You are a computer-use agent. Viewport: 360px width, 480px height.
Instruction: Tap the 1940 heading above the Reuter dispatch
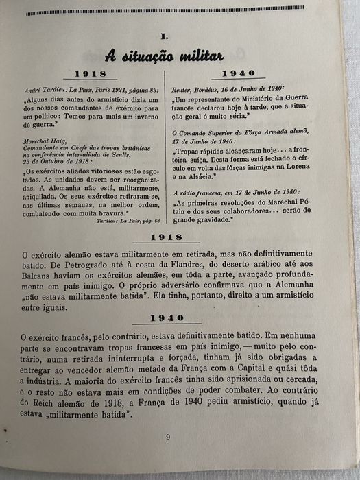click(x=238, y=72)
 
